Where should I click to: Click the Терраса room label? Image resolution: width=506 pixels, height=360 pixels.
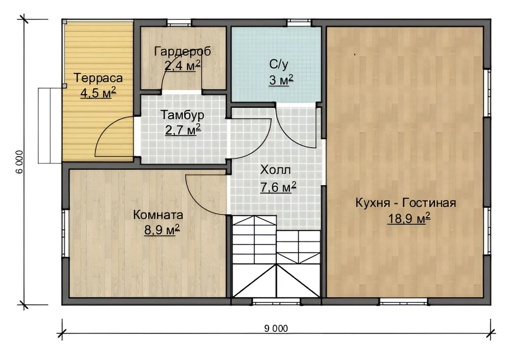98,78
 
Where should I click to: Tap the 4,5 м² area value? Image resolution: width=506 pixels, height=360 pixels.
98,93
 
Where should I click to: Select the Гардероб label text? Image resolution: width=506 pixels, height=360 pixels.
182,52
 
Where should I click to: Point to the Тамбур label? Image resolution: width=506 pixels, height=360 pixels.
182,115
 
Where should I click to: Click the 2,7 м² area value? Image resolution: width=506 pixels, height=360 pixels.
183,130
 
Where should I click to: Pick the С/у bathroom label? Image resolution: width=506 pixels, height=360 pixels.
279,65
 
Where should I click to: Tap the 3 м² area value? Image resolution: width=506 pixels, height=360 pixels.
281,80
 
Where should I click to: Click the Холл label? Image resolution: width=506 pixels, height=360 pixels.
276,170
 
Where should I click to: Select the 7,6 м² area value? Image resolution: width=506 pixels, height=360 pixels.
278,187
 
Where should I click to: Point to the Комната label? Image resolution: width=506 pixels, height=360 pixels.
158,215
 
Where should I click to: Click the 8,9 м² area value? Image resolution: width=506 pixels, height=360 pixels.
162,230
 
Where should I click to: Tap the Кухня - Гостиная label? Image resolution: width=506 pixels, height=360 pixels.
406,202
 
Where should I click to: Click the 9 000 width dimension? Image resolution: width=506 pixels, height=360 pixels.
276,329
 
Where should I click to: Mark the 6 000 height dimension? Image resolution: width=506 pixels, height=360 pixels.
20,162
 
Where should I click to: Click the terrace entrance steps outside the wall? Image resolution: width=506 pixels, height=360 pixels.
50,125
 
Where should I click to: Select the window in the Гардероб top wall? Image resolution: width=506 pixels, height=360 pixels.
179,23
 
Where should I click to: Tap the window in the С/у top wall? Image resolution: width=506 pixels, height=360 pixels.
299,23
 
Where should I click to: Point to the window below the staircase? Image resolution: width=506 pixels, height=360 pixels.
276,302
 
